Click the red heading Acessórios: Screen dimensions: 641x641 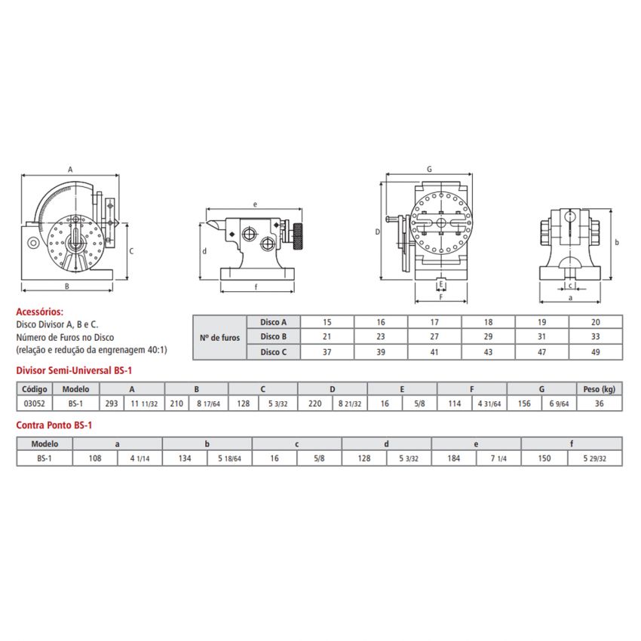pyautogui.click(x=40, y=311)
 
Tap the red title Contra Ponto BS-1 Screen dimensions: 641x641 pyautogui.click(x=54, y=425)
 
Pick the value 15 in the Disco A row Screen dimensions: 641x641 pyautogui.click(x=327, y=321)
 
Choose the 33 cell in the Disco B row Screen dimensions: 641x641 pyautogui.click(x=595, y=336)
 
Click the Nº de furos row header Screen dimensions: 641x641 pyautogui.click(x=219, y=337)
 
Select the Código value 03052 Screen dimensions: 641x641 pyautogui.click(x=34, y=403)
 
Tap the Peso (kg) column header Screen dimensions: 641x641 pyautogui.click(x=600, y=389)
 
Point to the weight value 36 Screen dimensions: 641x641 pyautogui.click(x=600, y=403)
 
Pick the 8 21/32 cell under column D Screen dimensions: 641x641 pyautogui.click(x=349, y=403)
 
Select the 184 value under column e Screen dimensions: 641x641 pyautogui.click(x=453, y=458)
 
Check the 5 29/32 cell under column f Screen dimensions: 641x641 pyautogui.click(x=595, y=458)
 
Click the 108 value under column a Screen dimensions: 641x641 pyautogui.click(x=95, y=458)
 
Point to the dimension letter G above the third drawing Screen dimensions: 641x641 pyautogui.click(x=428, y=170)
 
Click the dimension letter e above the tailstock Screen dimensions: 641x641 pyautogui.click(x=255, y=204)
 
